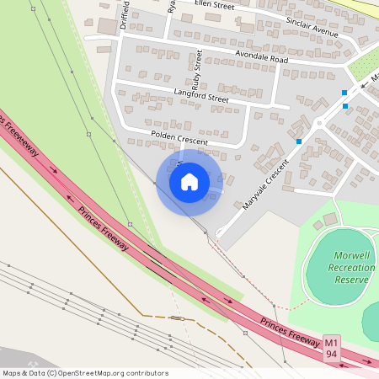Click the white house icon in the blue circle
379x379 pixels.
tap(189, 182)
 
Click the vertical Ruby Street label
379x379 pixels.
tap(198, 71)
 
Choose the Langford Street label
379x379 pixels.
tap(201, 99)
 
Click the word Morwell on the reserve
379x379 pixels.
tap(350, 256)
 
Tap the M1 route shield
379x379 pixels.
tap(332, 342)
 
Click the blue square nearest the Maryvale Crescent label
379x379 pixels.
tap(299, 141)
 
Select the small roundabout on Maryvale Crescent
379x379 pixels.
tap(319, 125)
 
